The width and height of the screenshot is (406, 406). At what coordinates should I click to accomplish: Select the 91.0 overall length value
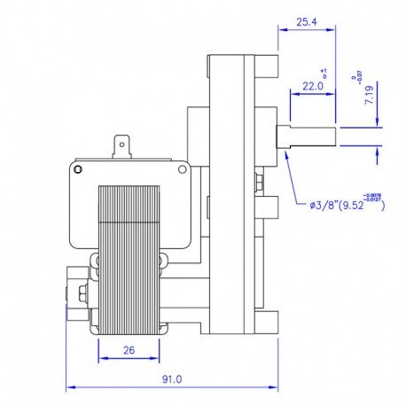pos(171,379)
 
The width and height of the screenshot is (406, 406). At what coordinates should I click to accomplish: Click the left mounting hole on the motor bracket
pos(103,168)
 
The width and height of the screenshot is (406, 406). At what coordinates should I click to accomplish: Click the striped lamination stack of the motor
pos(128,257)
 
